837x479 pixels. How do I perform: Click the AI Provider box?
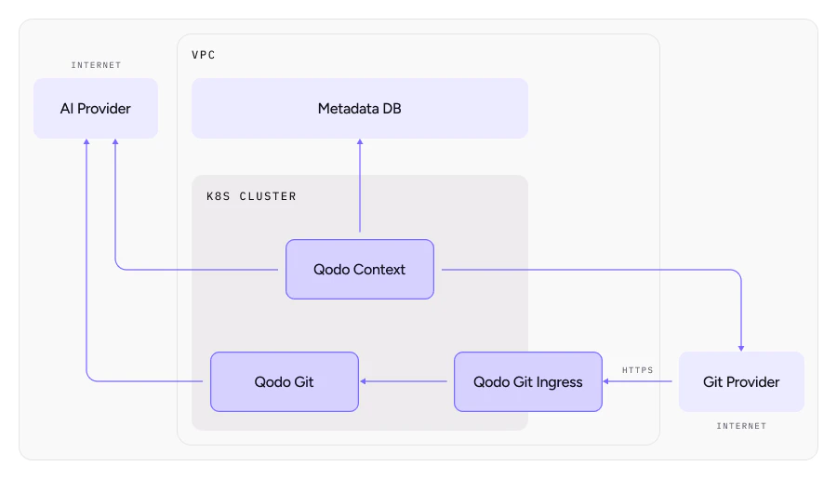[x=96, y=109]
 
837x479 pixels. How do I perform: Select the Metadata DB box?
[x=359, y=109]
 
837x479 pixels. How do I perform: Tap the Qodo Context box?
[x=359, y=270]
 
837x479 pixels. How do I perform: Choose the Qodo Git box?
[x=284, y=381]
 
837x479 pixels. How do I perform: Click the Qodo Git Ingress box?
[x=527, y=381]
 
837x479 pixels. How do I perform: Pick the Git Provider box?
[x=741, y=381]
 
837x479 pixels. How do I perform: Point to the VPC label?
[x=204, y=55]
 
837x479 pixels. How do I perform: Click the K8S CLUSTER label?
[x=251, y=196]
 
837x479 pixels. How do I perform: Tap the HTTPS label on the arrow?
[x=638, y=370]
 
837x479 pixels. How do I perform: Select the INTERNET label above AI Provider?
[x=96, y=65]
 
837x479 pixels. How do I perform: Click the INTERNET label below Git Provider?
[x=741, y=426]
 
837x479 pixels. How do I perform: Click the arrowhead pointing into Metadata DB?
[x=359, y=143]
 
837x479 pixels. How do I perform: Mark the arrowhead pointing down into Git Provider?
[x=741, y=347]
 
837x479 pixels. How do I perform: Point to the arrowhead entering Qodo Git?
[x=365, y=381]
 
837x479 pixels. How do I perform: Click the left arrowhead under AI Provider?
[x=86, y=143]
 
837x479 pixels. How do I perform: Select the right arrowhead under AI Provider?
[x=114, y=143]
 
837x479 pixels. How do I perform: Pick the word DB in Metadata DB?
[x=391, y=109]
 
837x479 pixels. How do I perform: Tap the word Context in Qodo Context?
[x=379, y=270]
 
